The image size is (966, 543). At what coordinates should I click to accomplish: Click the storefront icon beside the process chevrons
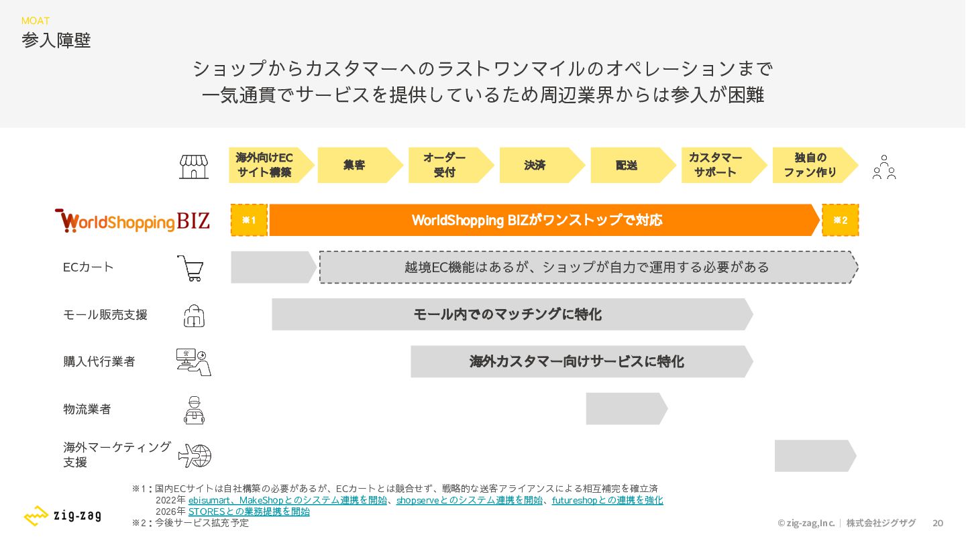(194, 167)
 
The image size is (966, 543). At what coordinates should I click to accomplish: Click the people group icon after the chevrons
(884, 167)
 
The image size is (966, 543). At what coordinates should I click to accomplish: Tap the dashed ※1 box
(250, 220)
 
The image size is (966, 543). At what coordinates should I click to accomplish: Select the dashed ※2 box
(841, 220)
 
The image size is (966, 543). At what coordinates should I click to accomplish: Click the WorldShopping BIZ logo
(132, 221)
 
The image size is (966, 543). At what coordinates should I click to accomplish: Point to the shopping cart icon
(191, 268)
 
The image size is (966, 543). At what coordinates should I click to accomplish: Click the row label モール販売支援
(105, 315)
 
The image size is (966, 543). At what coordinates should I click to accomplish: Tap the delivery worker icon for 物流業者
(194, 410)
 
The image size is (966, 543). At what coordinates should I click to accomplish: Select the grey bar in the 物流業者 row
(627, 408)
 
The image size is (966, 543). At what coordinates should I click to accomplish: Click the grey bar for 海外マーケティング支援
(815, 456)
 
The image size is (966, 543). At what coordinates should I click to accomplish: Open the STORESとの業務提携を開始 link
(249, 511)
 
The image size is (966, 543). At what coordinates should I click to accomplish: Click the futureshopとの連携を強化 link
(607, 500)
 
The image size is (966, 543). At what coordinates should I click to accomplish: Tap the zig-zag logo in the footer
(62, 516)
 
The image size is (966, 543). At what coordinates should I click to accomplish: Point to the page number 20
(938, 523)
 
